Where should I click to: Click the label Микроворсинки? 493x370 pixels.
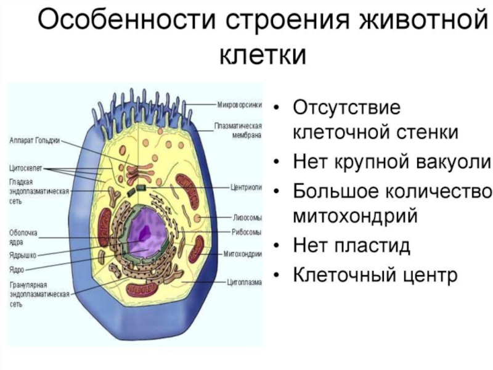pyautogui.click(x=239, y=105)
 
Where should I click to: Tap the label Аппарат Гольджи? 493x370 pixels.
pyautogui.click(x=35, y=141)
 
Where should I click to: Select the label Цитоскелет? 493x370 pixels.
pyautogui.click(x=25, y=168)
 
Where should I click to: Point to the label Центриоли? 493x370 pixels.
pyautogui.click(x=246, y=187)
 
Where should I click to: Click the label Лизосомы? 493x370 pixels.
pyautogui.click(x=247, y=218)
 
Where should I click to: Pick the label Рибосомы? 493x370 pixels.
pyautogui.click(x=246, y=232)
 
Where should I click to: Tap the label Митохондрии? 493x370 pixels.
pyautogui.click(x=242, y=254)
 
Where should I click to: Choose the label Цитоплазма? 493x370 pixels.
pyautogui.click(x=244, y=282)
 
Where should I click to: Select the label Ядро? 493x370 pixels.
pyautogui.click(x=17, y=269)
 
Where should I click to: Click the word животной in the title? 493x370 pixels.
pyautogui.click(x=425, y=22)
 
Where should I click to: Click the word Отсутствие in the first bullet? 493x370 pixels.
pyautogui.click(x=347, y=107)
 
